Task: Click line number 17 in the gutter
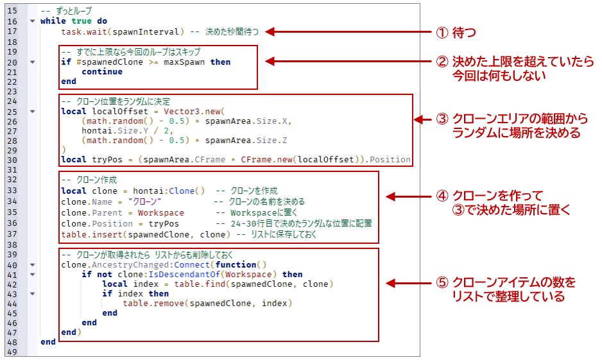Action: pyautogui.click(x=12, y=31)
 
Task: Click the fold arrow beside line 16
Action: pyautogui.click(x=33, y=21)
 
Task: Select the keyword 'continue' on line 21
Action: pyautogui.click(x=102, y=72)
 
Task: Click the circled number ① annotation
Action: pyautogui.click(x=442, y=33)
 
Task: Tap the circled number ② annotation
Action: pyautogui.click(x=442, y=62)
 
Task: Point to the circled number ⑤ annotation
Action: pyautogui.click(x=442, y=282)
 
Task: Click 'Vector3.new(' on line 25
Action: pyautogui.click(x=194, y=112)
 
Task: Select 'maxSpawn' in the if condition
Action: pyautogui.click(x=184, y=62)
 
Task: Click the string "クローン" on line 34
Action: pyautogui.click(x=145, y=202)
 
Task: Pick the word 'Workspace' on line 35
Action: pyautogui.click(x=161, y=213)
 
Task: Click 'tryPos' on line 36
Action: pyautogui.click(x=164, y=224)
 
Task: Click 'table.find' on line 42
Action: pyautogui.click(x=200, y=284)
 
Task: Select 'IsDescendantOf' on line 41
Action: pyautogui.click(x=184, y=275)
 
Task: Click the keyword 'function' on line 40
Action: pyautogui.click(x=236, y=265)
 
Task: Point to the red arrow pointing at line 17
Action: pyautogui.click(x=348, y=32)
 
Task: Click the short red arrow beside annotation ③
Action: pyautogui.click(x=423, y=120)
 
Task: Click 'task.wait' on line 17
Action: pyautogui.click(x=84, y=32)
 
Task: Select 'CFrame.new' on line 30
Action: pyautogui.click(x=266, y=160)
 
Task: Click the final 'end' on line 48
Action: pyautogui.click(x=48, y=342)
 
